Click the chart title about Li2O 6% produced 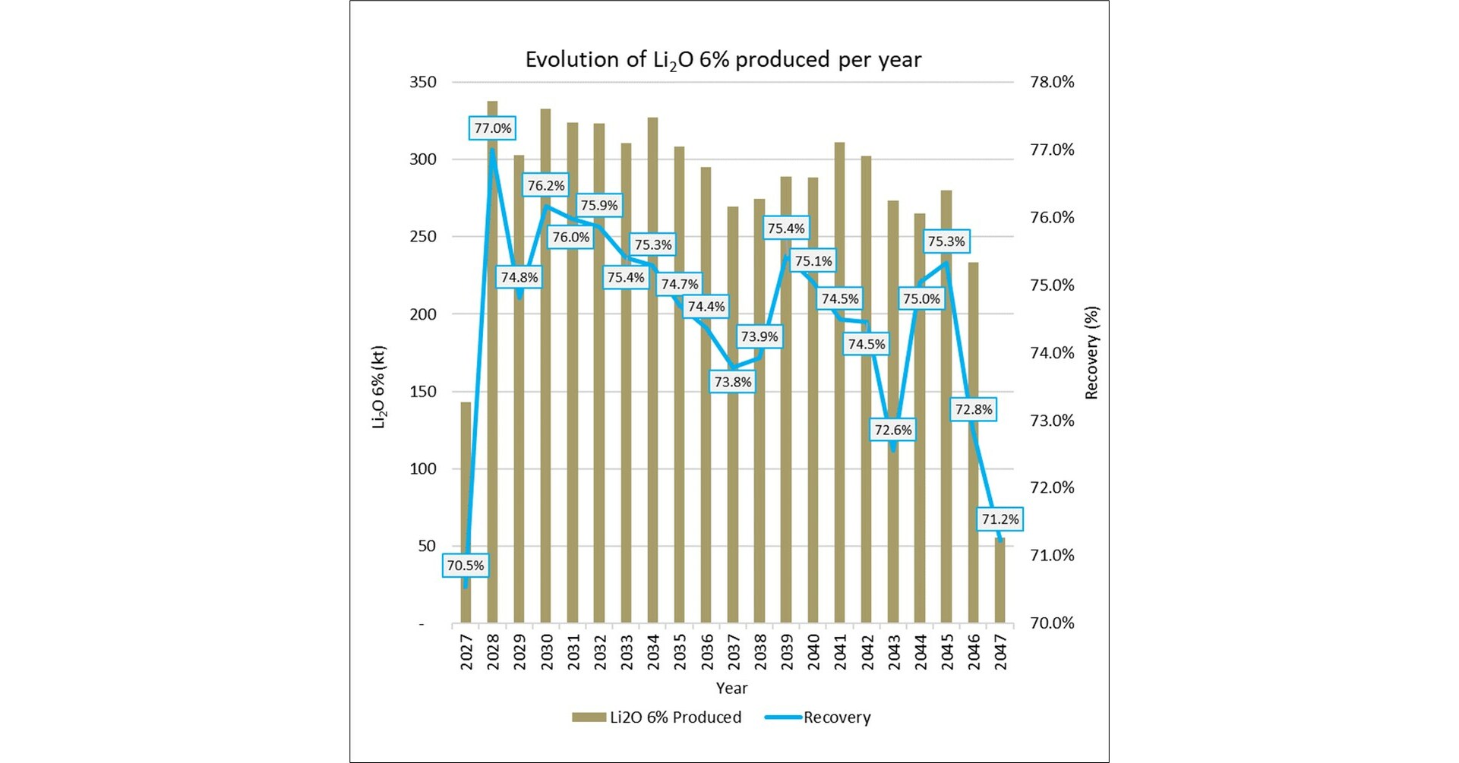click(x=722, y=60)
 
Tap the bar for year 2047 click(x=1000, y=582)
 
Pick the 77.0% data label click(x=492, y=128)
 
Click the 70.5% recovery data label click(x=465, y=566)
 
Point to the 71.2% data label click(x=1000, y=519)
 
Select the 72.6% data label click(x=892, y=430)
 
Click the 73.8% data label click(x=732, y=382)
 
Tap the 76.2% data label click(x=545, y=186)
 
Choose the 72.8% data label click(x=973, y=410)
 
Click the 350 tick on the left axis click(x=423, y=82)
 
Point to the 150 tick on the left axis click(x=423, y=392)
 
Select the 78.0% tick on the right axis click(x=1052, y=82)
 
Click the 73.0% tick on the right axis click(x=1052, y=421)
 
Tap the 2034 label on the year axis click(x=653, y=652)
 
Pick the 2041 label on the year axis click(x=840, y=652)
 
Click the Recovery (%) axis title click(x=1091, y=352)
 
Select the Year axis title click(x=731, y=688)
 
